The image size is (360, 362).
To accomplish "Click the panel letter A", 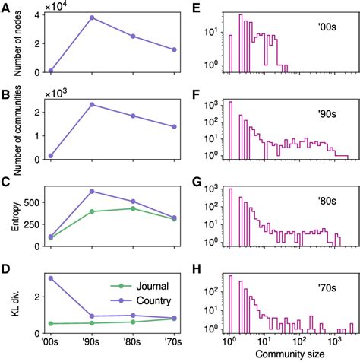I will click(5, 6).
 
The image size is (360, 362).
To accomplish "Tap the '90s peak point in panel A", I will click(92, 17).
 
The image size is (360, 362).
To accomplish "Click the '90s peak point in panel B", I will click(92, 104).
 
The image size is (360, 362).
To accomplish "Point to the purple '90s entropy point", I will click(92, 191).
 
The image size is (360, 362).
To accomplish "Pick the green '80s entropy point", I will click(133, 208).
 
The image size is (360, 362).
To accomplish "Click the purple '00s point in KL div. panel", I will click(51, 278).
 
